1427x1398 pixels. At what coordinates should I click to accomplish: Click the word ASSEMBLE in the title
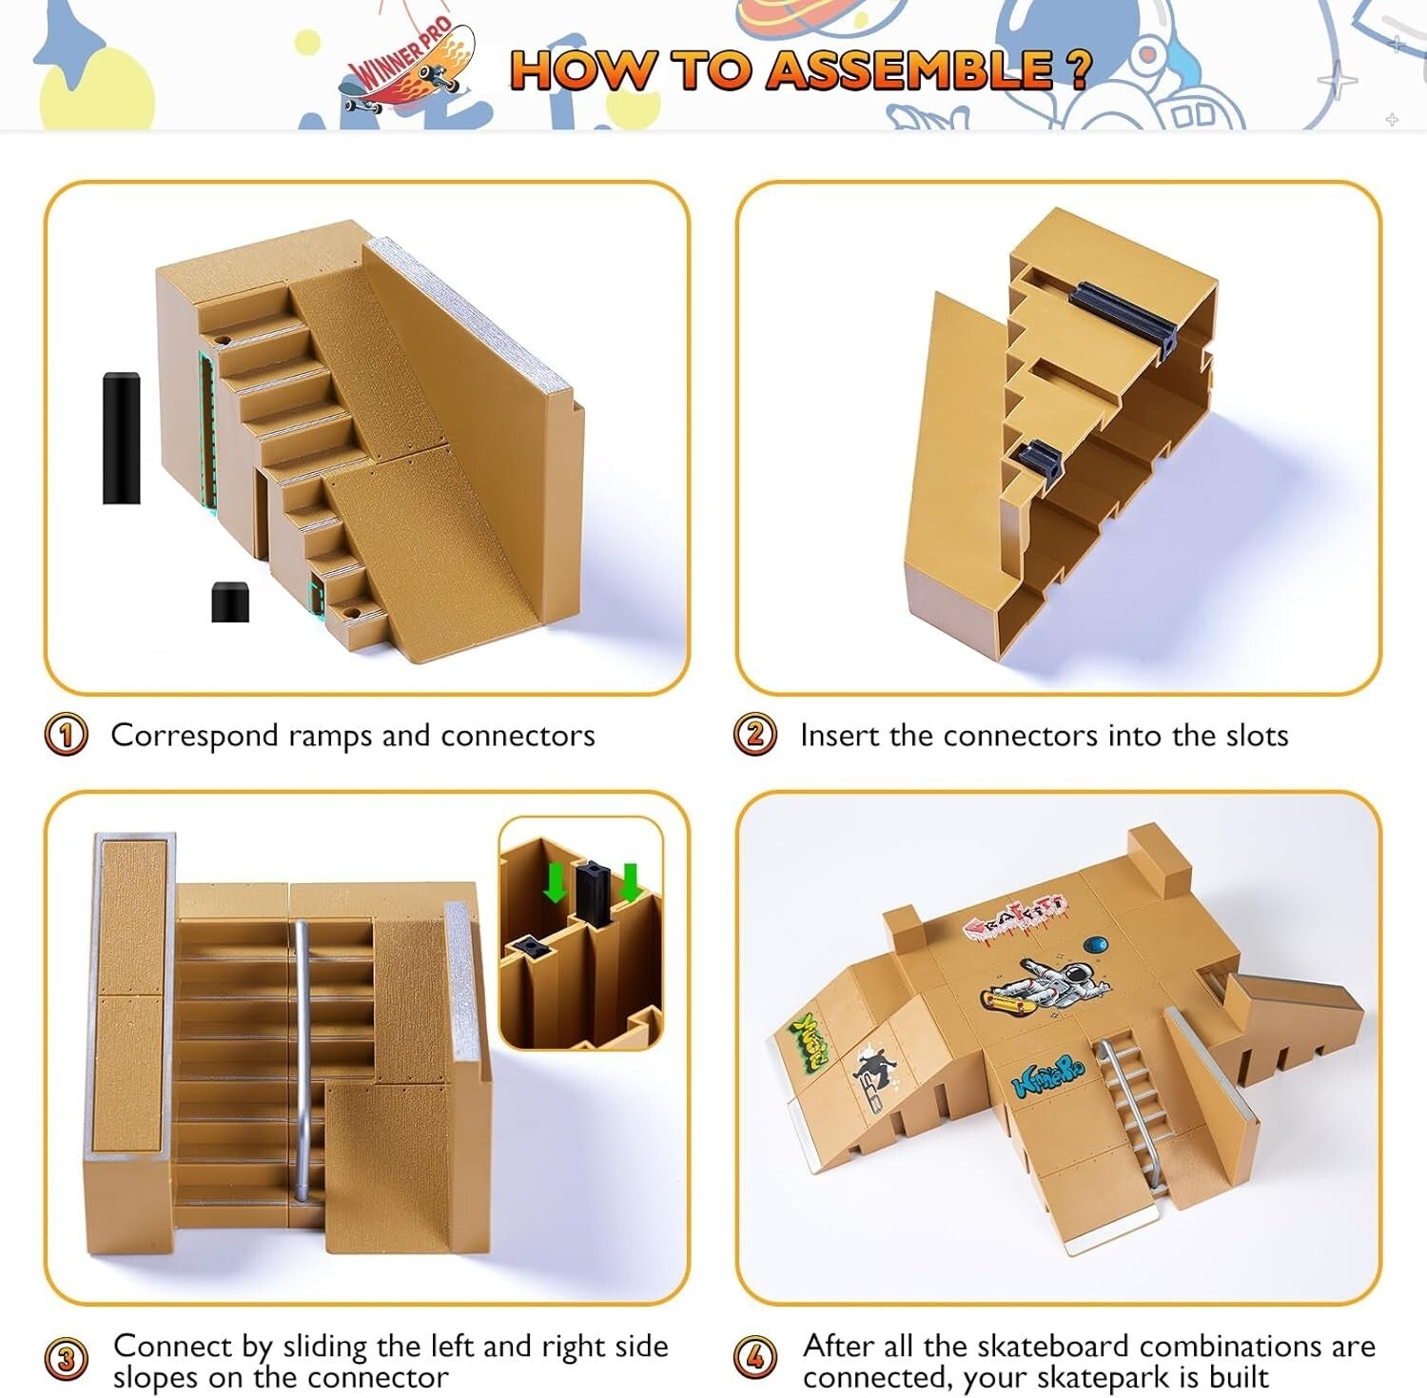[909, 70]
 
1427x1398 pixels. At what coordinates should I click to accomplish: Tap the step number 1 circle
[66, 736]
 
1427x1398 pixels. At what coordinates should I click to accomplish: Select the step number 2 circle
[755, 736]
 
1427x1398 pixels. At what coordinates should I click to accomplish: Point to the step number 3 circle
[66, 1359]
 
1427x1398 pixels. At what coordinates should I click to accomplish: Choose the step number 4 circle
[755, 1359]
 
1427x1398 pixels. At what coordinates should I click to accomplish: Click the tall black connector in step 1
[121, 438]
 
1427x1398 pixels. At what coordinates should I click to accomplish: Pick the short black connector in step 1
[229, 602]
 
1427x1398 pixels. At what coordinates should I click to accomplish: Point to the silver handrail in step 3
[301, 1056]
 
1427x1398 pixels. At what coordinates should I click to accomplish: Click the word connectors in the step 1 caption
[518, 736]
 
